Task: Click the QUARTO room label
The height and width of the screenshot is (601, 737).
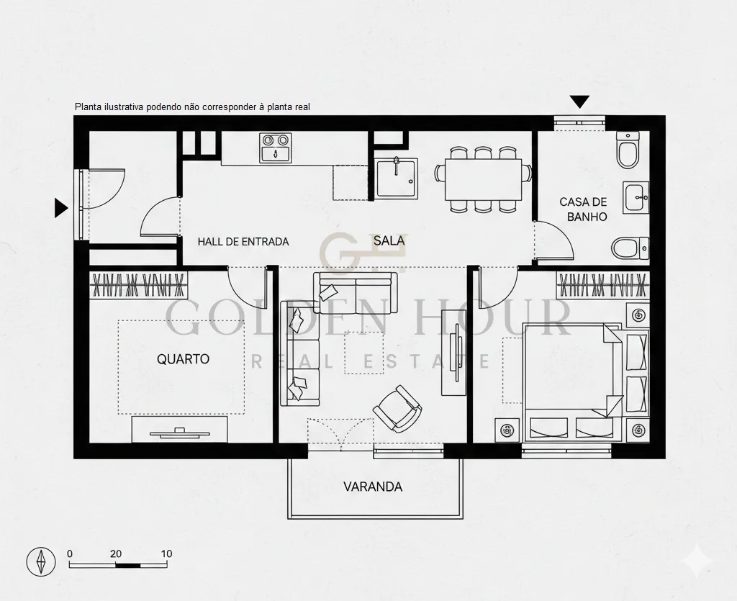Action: [183, 359]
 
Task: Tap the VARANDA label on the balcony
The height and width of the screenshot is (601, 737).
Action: [373, 487]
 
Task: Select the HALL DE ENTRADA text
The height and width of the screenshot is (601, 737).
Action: [243, 242]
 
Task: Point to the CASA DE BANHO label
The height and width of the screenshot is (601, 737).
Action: [583, 209]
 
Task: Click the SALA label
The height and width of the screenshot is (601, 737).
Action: [389, 240]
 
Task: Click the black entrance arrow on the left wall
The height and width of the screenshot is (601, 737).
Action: [61, 208]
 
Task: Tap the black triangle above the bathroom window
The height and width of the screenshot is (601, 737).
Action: [579, 101]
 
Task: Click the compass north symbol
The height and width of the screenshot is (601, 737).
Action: [41, 561]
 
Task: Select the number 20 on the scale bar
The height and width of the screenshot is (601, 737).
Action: [116, 553]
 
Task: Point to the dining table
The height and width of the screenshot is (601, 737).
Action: [483, 179]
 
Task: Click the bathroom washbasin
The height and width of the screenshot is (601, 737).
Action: [636, 197]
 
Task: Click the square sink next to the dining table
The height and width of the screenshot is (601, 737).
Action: [396, 177]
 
